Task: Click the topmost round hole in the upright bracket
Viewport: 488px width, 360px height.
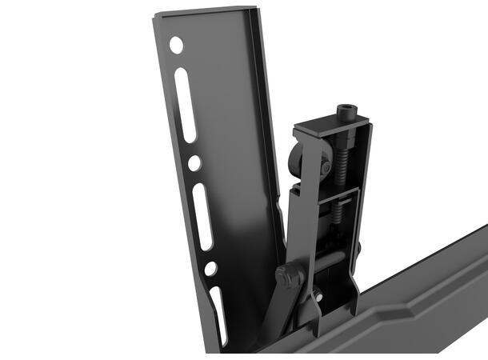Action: [x=175, y=45]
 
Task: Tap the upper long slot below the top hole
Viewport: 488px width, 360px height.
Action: [x=186, y=105]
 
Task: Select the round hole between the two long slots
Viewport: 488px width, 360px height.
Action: [x=194, y=162]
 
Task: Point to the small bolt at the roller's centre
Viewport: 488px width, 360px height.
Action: [x=325, y=167]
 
